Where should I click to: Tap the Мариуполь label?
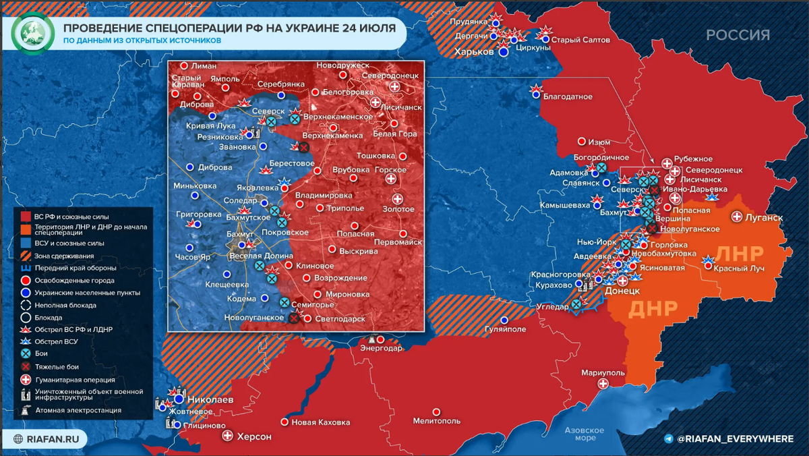(605, 372)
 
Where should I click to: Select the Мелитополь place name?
(436, 422)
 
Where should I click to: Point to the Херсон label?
(253, 436)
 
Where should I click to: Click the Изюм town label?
(599, 142)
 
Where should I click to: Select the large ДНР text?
(653, 308)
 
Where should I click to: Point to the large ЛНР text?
(740, 254)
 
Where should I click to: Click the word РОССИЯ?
(738, 35)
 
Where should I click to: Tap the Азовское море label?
(584, 434)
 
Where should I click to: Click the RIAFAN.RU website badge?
(49, 438)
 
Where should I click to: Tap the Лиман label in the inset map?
(204, 66)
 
